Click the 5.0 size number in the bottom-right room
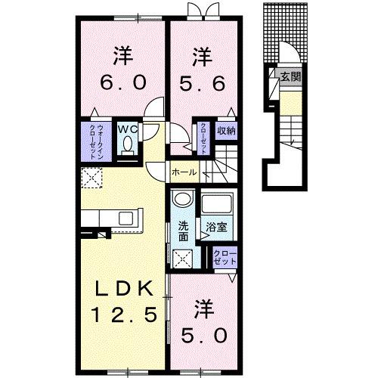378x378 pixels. coord(203,333)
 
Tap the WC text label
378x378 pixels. coord(128,128)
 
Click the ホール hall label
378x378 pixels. coord(184,172)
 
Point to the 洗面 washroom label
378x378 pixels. coord(184,231)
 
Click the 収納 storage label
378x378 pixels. coord(226,130)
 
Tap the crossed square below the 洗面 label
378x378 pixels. coord(183,260)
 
